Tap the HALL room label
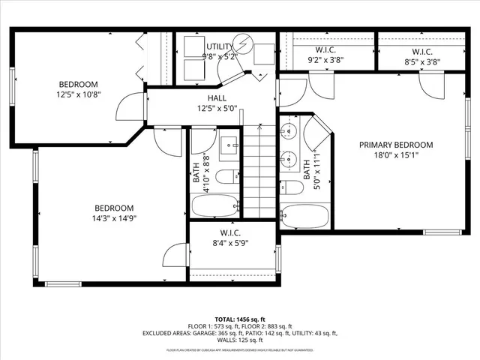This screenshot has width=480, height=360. pyautogui.click(x=217, y=98)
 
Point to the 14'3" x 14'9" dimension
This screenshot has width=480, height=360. pyautogui.click(x=114, y=219)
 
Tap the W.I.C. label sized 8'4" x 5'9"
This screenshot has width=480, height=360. pyautogui.click(x=229, y=232)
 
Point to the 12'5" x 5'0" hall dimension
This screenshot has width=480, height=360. pyautogui.click(x=217, y=108)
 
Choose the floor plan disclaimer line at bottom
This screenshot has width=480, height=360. pyautogui.click(x=240, y=350)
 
